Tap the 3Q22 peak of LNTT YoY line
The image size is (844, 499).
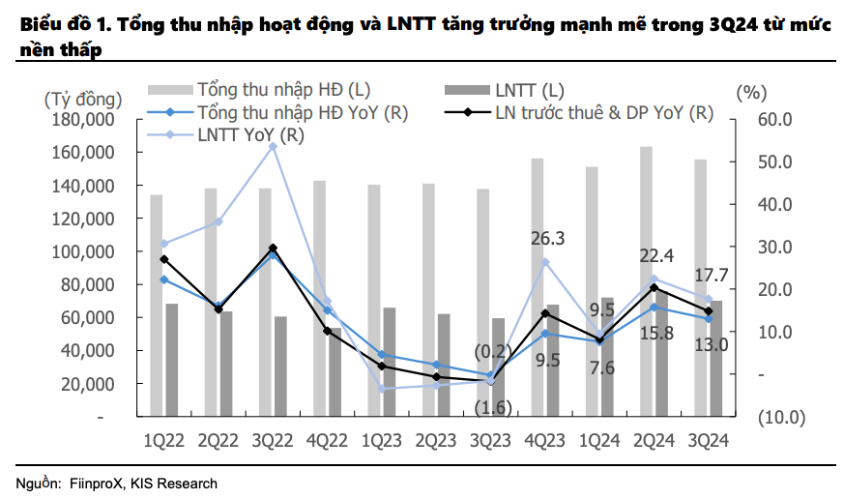pyautogui.click(x=273, y=146)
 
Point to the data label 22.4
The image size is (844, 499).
pyautogui.click(x=655, y=256)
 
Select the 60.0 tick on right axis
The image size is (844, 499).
pyautogui.click(x=774, y=120)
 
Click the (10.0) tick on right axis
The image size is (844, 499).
pyautogui.click(x=779, y=418)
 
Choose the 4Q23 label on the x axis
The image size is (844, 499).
pyautogui.click(x=545, y=439)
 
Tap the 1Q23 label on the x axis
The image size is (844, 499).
pyautogui.click(x=382, y=439)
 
